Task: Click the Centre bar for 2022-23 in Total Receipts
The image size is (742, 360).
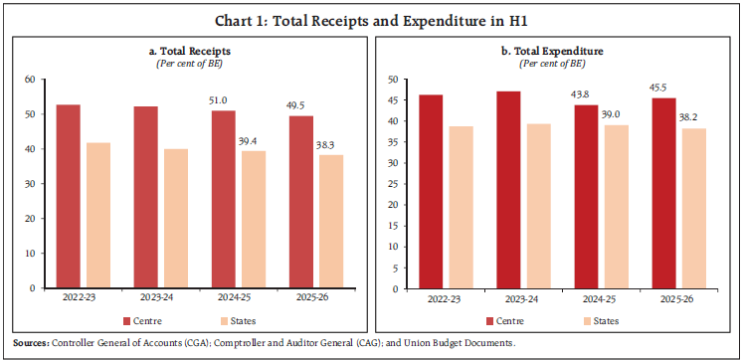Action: pyautogui.click(x=68, y=196)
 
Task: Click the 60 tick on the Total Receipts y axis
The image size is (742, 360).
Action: pyautogui.click(x=28, y=80)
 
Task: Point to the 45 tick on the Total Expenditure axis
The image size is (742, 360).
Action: pyautogui.click(x=392, y=100)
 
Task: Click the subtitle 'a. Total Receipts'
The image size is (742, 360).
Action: pyautogui.click(x=187, y=51)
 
